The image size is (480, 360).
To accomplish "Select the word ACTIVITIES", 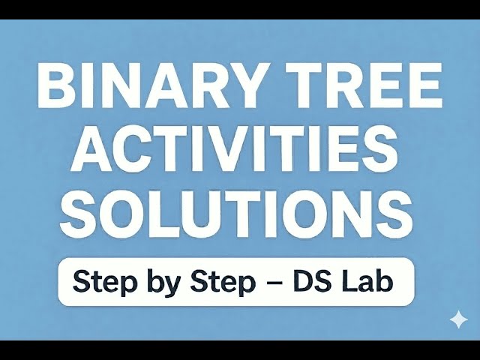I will [238, 148].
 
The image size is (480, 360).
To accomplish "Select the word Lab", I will [370, 282].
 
